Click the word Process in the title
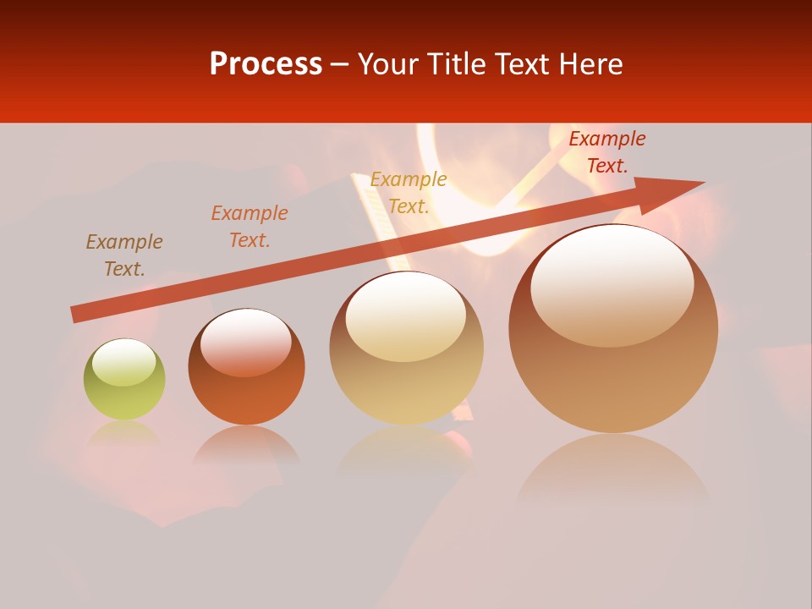click(266, 64)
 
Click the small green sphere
click(124, 380)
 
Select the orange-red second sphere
click(246, 367)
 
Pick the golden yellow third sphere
click(407, 348)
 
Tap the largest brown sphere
click(613, 330)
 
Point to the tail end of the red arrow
click(76, 314)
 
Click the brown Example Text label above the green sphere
click(124, 255)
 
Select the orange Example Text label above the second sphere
click(250, 227)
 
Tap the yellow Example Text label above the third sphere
click(409, 193)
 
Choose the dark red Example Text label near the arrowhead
click(607, 152)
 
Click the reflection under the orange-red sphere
click(246, 445)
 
